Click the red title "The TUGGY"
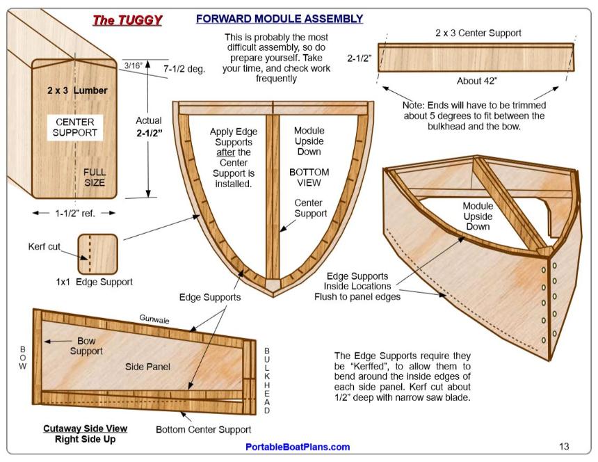click(x=128, y=20)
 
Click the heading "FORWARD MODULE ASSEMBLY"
click(x=279, y=19)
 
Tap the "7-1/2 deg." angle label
click(x=184, y=69)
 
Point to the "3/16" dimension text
click(x=133, y=65)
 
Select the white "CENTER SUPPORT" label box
click(x=75, y=127)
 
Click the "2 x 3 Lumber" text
click(x=77, y=90)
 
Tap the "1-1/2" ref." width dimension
click(x=75, y=214)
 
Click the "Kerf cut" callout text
click(x=45, y=246)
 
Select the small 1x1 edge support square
click(x=97, y=254)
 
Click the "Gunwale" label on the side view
click(x=154, y=319)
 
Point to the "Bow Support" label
click(x=86, y=346)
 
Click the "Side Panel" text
click(x=147, y=367)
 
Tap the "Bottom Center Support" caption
click(x=203, y=429)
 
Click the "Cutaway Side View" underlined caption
click(x=85, y=429)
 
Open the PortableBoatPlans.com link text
click(x=298, y=447)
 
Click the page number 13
click(x=564, y=447)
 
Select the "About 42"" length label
click(x=477, y=81)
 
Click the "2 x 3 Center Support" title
click(x=478, y=33)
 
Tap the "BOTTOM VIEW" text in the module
click(x=309, y=177)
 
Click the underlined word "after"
click(x=225, y=152)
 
